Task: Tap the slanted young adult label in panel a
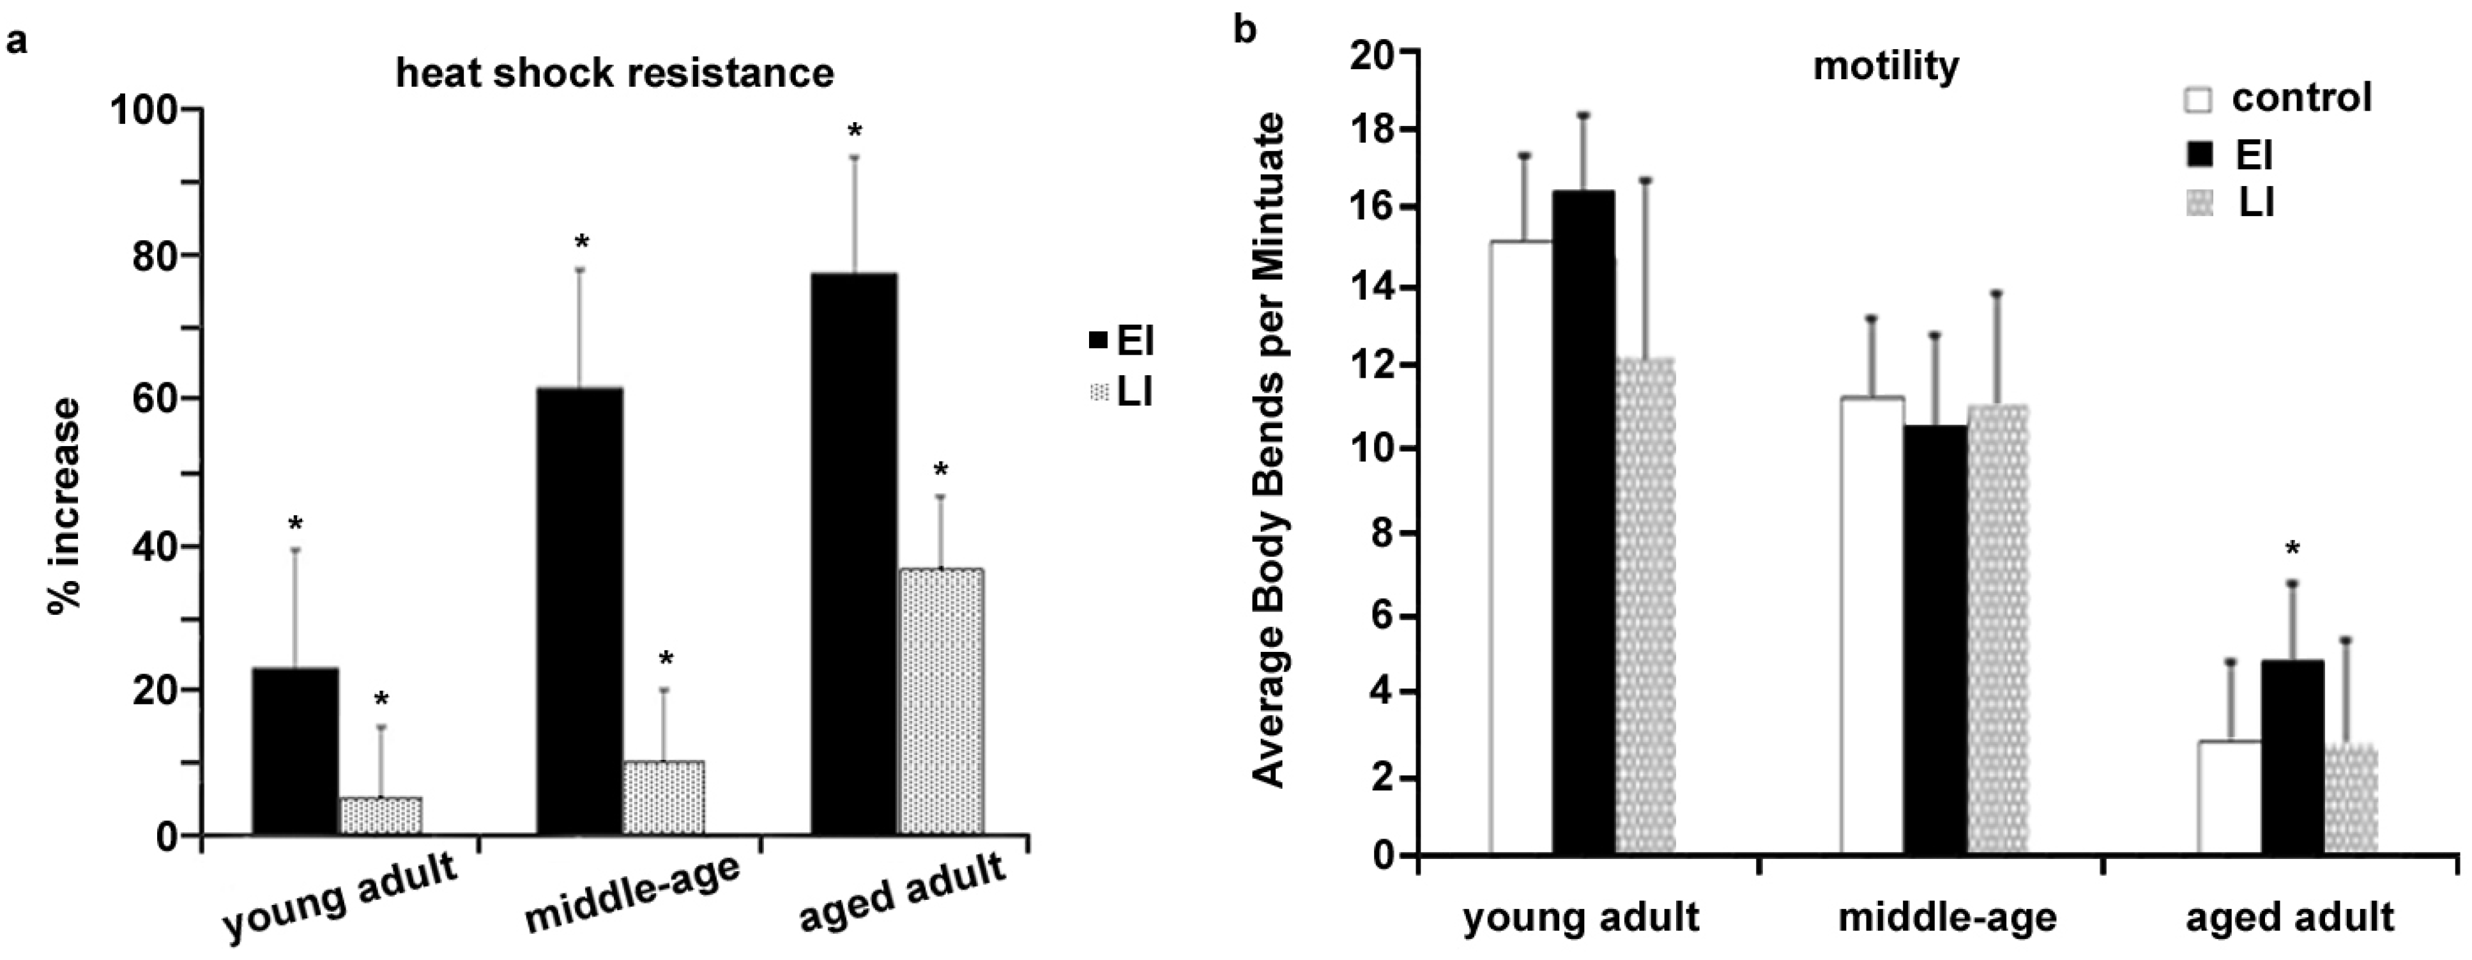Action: point(340,897)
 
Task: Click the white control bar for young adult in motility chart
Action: point(1521,547)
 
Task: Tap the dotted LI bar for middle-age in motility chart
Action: point(1998,629)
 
